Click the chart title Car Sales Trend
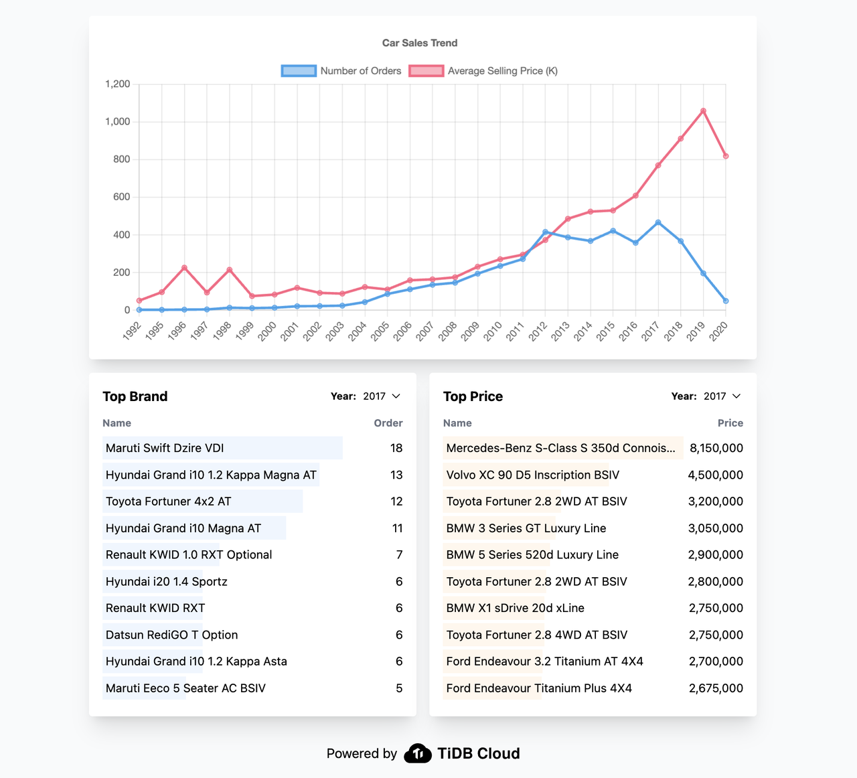coord(420,43)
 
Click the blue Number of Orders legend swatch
coord(299,71)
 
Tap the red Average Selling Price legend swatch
coord(426,71)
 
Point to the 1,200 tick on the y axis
coord(118,84)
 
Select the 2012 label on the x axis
coord(538,331)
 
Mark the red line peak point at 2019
coord(703,111)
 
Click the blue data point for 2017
coord(658,222)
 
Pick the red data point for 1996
coord(184,268)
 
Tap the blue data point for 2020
coord(726,301)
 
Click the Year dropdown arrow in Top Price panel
coord(736,396)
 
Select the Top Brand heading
coord(135,396)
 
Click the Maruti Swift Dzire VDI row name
coord(165,448)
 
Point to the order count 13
coord(396,475)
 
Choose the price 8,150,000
coord(716,448)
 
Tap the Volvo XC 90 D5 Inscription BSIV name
coord(533,475)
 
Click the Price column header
coord(730,423)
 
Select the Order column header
coord(388,423)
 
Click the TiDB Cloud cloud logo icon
coord(418,754)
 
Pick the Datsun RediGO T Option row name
coord(172,635)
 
